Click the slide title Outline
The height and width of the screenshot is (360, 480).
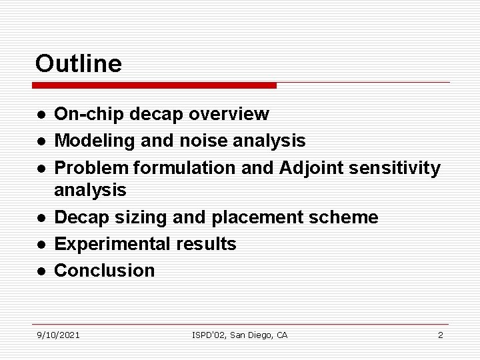(x=79, y=64)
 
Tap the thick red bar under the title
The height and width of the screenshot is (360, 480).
(x=154, y=86)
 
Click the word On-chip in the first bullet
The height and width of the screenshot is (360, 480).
(x=89, y=115)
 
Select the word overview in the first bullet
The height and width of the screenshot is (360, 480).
(x=229, y=115)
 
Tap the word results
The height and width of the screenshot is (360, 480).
(x=206, y=244)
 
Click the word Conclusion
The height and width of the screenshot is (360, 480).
(x=104, y=271)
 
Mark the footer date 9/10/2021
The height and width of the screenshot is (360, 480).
(x=58, y=335)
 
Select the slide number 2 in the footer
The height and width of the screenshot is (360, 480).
(x=440, y=335)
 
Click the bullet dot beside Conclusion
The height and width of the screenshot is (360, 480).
(x=41, y=271)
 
